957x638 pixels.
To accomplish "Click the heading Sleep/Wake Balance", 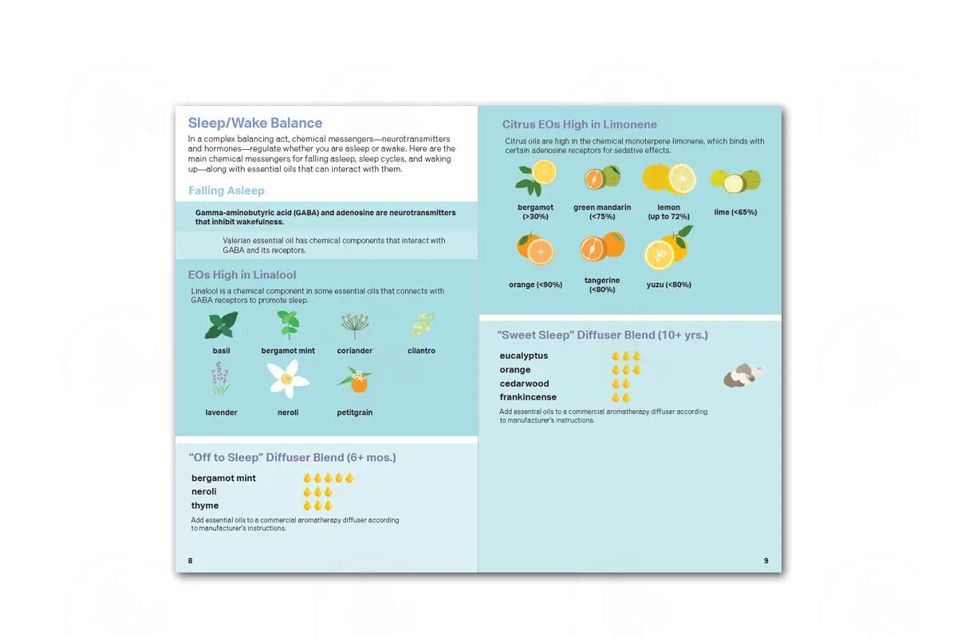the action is point(255,123).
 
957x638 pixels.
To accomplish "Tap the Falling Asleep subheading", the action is point(226,191).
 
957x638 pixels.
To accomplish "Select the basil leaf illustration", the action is point(221,325).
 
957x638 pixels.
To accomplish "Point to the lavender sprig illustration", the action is point(220,378).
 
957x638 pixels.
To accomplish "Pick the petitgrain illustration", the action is point(356,380).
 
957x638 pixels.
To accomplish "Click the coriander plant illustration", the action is point(355,325).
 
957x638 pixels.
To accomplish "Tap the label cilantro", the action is point(421,351).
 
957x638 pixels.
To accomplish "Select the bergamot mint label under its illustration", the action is point(288,351).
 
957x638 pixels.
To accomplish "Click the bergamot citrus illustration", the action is point(537,177).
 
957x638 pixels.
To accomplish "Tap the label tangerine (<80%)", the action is point(602,285).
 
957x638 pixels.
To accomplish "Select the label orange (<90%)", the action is point(535,285).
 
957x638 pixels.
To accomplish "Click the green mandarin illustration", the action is point(602,177).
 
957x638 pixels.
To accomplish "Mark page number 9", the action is point(766,561).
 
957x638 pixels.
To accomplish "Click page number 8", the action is point(190,561).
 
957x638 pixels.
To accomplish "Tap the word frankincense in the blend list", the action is point(528,397).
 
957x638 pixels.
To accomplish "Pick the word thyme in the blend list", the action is point(205,506).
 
